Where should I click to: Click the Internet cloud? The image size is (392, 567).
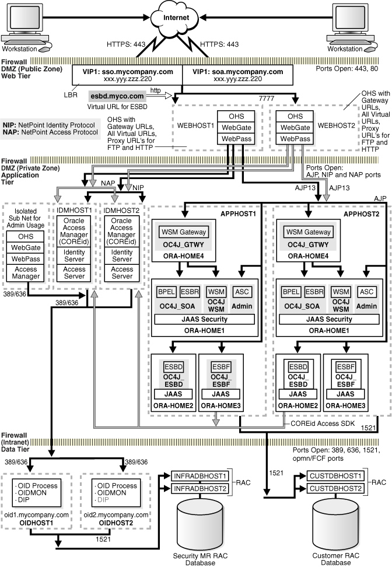[x=176, y=19]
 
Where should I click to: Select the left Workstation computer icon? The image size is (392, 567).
[x=26, y=24]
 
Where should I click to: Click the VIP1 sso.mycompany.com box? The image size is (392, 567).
[x=128, y=75]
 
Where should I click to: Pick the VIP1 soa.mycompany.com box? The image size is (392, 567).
[x=237, y=75]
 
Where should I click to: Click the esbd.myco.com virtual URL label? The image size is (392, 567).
[x=117, y=96]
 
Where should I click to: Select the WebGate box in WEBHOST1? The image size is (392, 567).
[x=236, y=128]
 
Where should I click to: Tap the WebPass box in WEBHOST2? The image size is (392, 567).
[x=295, y=139]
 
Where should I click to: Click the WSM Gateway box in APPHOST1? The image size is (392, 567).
[x=184, y=232]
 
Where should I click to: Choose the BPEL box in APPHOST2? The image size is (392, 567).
[x=291, y=292]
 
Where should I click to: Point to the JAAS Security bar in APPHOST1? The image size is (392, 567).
[x=204, y=319]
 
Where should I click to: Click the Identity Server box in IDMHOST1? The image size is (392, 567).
[x=74, y=256]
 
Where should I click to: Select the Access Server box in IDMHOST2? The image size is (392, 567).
[x=122, y=273]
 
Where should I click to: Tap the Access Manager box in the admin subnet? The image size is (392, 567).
[x=26, y=273]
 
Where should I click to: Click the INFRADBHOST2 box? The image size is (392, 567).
[x=200, y=488]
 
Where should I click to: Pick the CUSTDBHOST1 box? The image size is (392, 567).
[x=335, y=476]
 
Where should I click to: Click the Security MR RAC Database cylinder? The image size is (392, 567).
[x=200, y=524]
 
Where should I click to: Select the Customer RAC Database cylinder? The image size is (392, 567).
[x=336, y=524]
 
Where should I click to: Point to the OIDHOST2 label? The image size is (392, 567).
[x=116, y=523]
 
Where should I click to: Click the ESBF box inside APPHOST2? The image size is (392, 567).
[x=345, y=367]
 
